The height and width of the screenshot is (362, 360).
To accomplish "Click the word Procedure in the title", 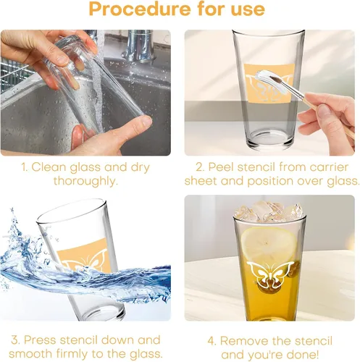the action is click(140, 9).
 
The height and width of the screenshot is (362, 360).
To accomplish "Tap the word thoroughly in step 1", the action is click(85, 181).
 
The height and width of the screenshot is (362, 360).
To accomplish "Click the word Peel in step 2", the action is click(221, 167).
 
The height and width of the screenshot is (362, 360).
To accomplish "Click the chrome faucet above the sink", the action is click(140, 46).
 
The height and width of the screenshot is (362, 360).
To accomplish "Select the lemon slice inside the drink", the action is click(269, 245).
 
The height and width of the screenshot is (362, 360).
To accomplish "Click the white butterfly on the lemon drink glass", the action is click(271, 274).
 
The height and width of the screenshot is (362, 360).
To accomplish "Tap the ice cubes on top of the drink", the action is click(269, 211).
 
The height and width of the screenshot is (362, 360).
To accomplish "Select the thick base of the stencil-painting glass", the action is click(270, 140).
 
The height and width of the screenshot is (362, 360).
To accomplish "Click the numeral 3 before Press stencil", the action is click(14, 340).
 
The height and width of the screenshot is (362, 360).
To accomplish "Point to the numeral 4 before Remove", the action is click(211, 341).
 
